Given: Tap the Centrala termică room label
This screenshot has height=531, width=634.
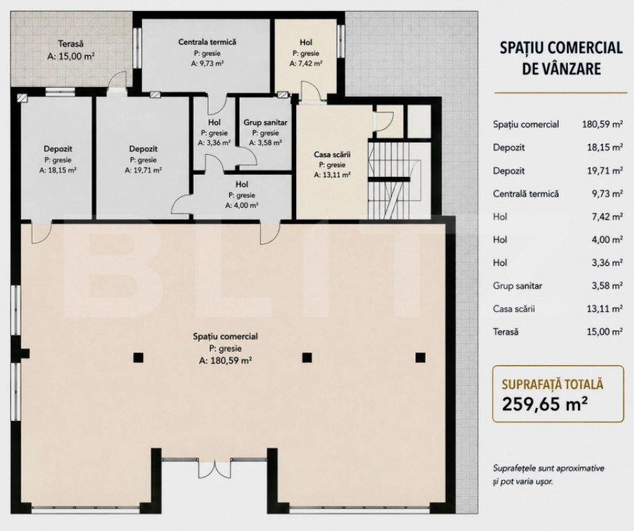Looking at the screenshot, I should point(207,42).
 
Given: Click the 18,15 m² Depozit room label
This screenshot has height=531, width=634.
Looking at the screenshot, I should point(58,149).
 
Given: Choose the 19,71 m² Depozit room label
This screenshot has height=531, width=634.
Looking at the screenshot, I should point(143,149).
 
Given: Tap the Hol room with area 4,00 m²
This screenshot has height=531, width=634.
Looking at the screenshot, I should point(242,185).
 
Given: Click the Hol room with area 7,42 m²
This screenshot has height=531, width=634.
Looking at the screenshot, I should point(306,42).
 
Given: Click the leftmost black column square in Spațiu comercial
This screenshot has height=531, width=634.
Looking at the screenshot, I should point(138,357).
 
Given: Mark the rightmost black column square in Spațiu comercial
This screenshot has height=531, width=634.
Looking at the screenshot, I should point(419,357).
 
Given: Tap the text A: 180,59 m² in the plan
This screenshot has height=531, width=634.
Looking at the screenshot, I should point(225,360).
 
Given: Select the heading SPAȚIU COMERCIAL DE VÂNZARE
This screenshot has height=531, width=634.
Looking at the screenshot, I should point(550,57).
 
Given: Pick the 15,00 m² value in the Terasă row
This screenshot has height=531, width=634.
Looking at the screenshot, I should point(599,332).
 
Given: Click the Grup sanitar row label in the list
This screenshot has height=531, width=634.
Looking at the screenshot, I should point(517,286).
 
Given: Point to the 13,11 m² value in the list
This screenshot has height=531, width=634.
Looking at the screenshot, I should point(599,309).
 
